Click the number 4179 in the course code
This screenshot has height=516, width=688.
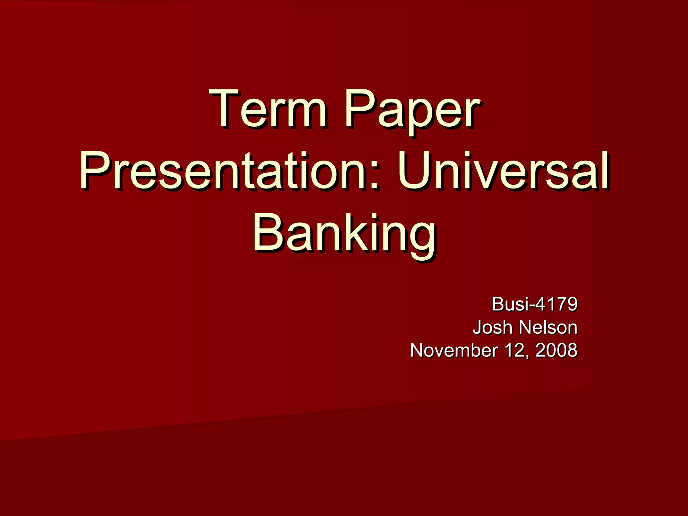[x=556, y=304]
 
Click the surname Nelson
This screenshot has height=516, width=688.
[x=548, y=327]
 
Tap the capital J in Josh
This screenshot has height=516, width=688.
[x=477, y=327]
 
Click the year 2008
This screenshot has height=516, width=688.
[x=556, y=350]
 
